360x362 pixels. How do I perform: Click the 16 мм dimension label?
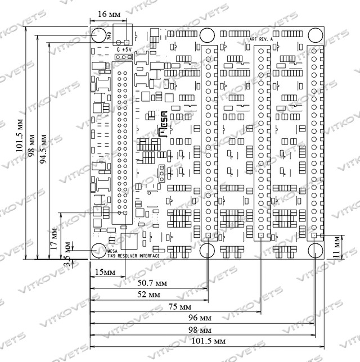tap(109, 13)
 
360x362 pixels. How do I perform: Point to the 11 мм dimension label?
tap(336, 246)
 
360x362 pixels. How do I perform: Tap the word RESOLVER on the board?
tap(130, 256)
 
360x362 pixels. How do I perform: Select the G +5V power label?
tap(124, 49)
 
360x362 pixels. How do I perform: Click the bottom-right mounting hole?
tap(315, 250)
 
